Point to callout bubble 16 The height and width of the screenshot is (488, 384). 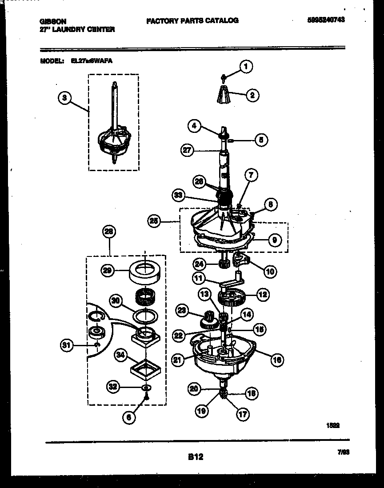[x=277, y=360]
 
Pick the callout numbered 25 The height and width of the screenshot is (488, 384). [x=154, y=220]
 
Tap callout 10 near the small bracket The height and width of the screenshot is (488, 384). [x=271, y=270]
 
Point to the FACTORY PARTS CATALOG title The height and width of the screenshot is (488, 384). [x=192, y=20]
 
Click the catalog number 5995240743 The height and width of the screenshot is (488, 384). [x=325, y=20]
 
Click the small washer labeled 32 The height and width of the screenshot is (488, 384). [x=145, y=388]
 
